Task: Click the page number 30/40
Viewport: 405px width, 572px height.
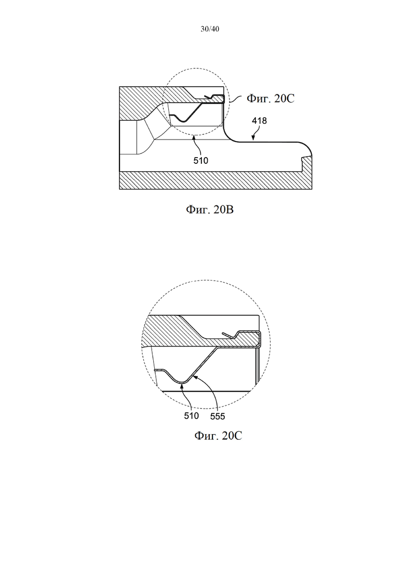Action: (x=210, y=29)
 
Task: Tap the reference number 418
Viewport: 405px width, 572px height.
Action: (x=259, y=121)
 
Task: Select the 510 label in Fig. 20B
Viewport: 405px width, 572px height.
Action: (x=200, y=161)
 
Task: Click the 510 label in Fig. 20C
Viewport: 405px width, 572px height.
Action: (x=192, y=416)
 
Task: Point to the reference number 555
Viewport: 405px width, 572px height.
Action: (x=218, y=416)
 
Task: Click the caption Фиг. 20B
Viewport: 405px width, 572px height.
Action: (x=210, y=210)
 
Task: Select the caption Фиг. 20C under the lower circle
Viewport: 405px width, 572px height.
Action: (x=218, y=436)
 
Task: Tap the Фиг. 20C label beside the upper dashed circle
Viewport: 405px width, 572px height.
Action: (x=270, y=98)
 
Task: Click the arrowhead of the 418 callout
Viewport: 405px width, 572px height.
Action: (x=253, y=139)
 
